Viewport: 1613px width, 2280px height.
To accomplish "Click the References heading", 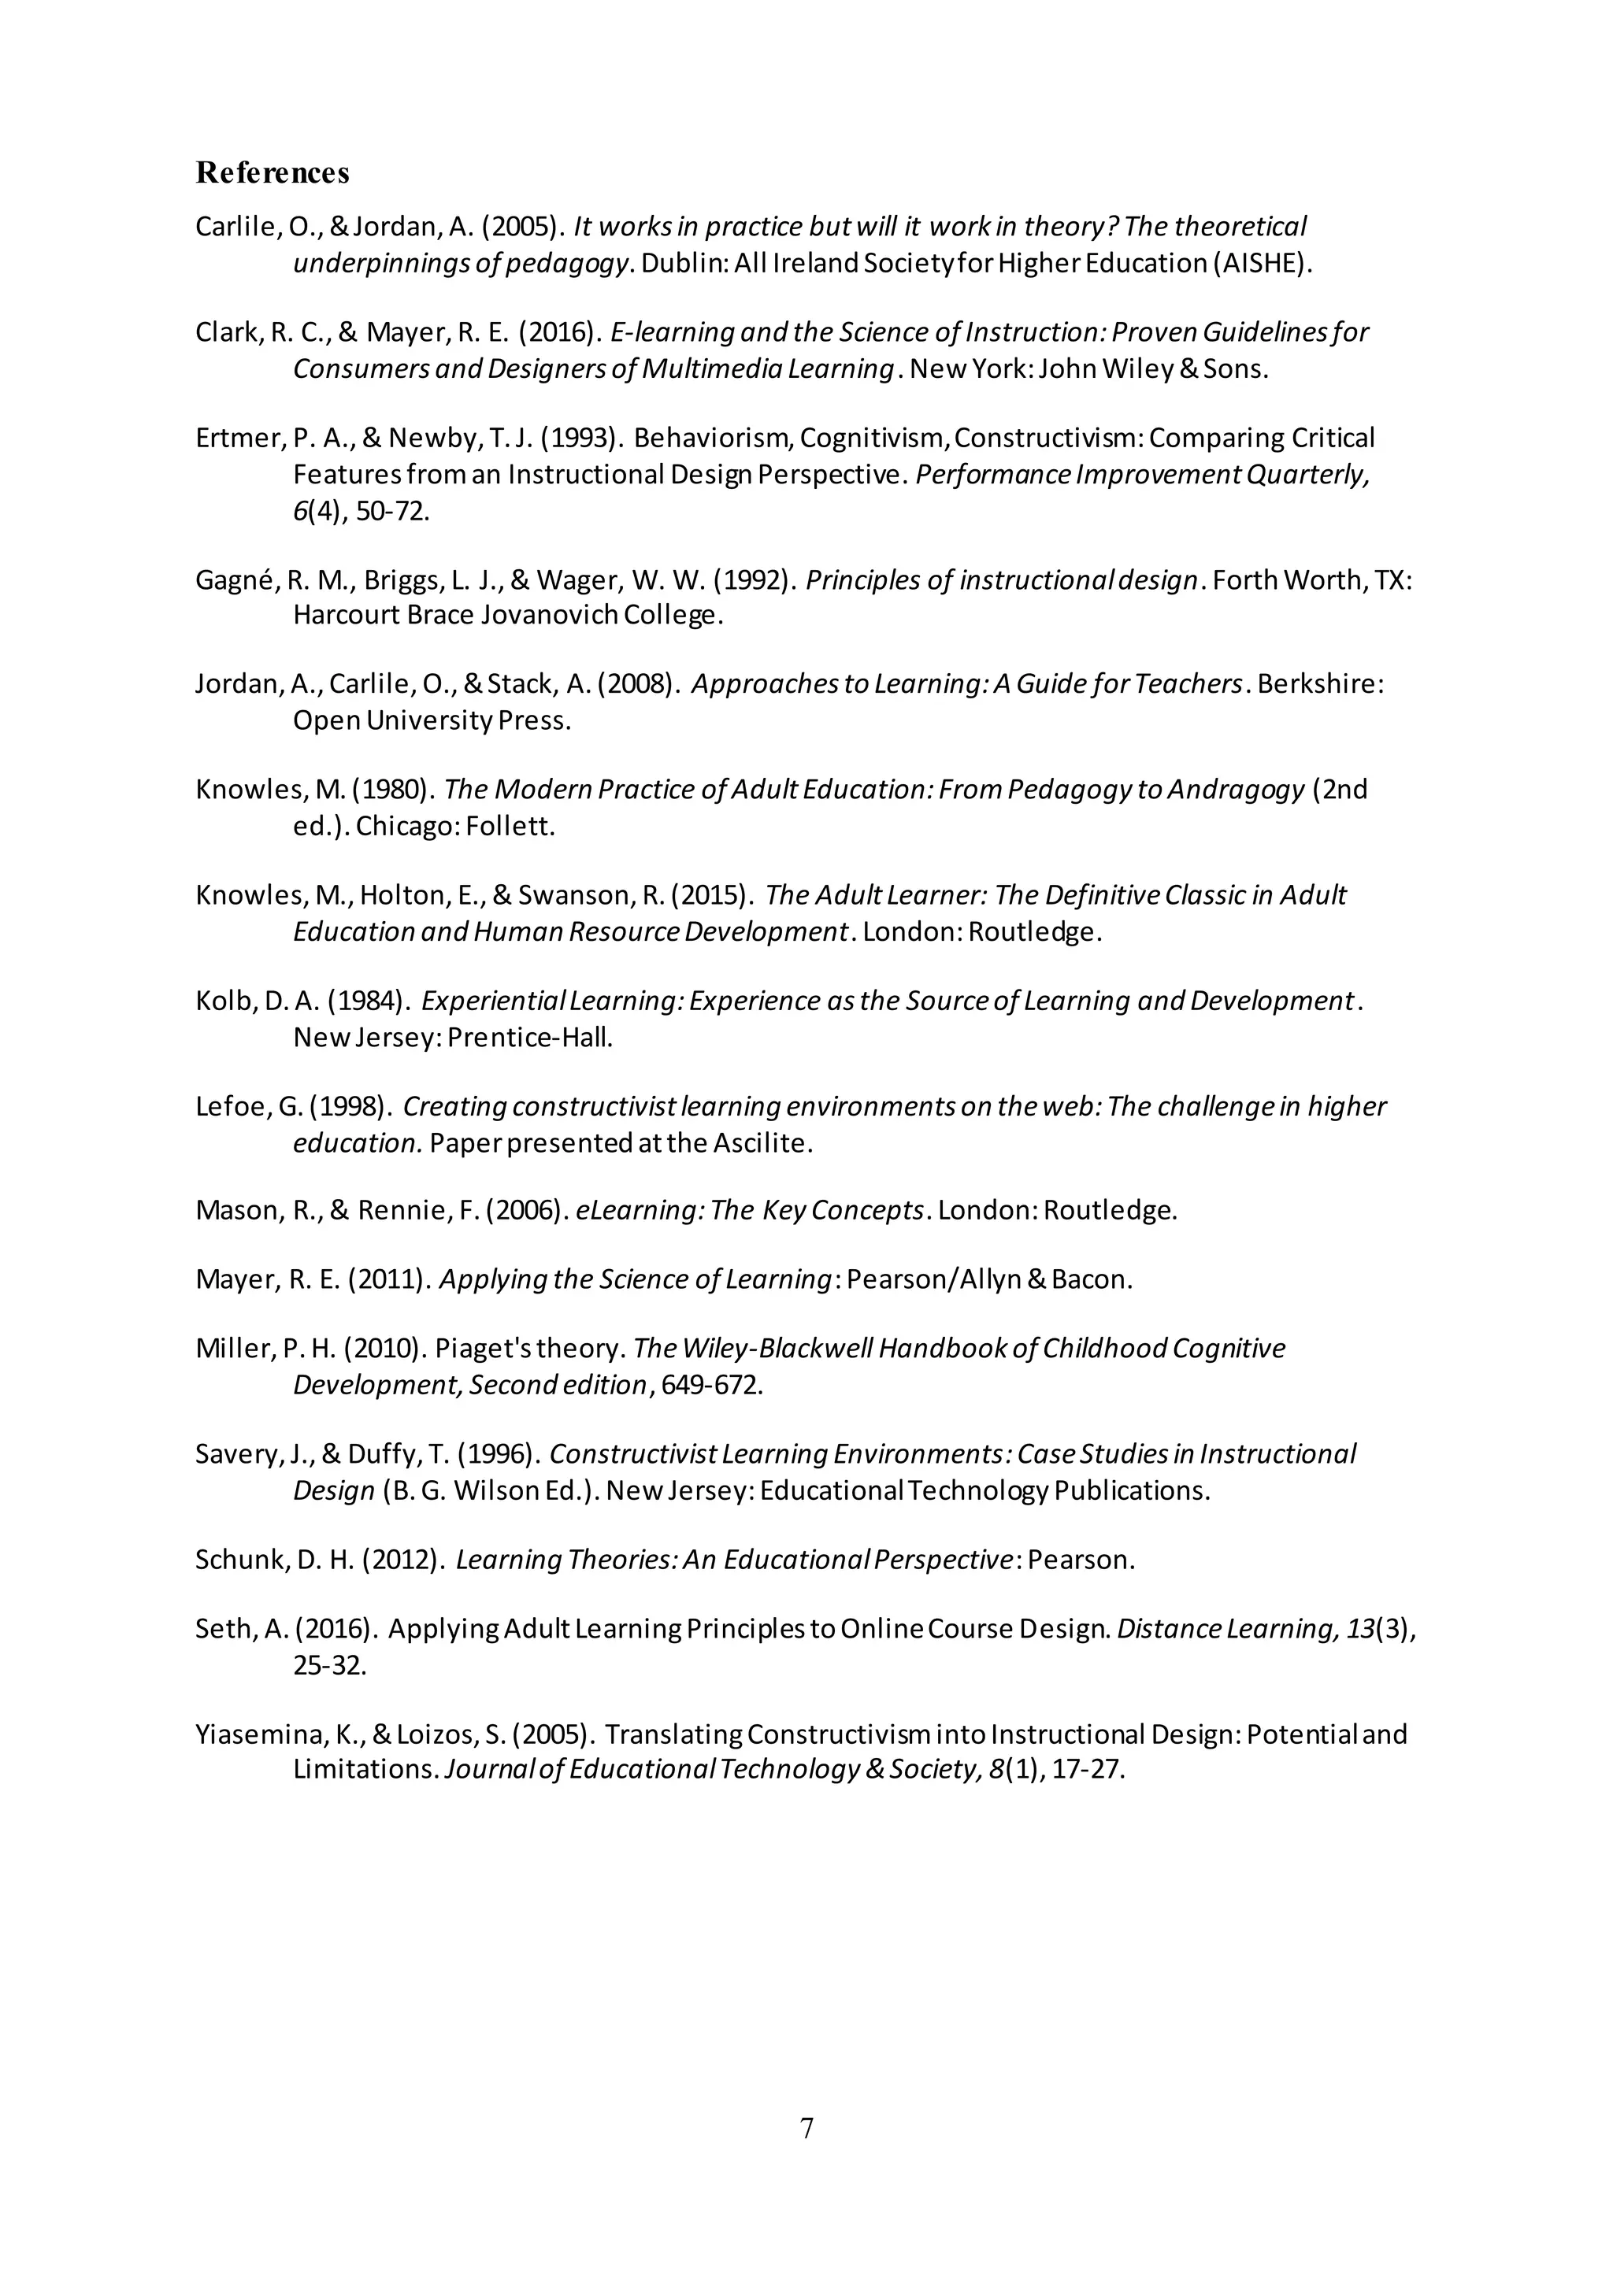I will (x=273, y=172).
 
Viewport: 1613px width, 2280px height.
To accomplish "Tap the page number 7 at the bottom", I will (x=806, y=2128).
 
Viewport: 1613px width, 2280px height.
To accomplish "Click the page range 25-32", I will (x=328, y=1665).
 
